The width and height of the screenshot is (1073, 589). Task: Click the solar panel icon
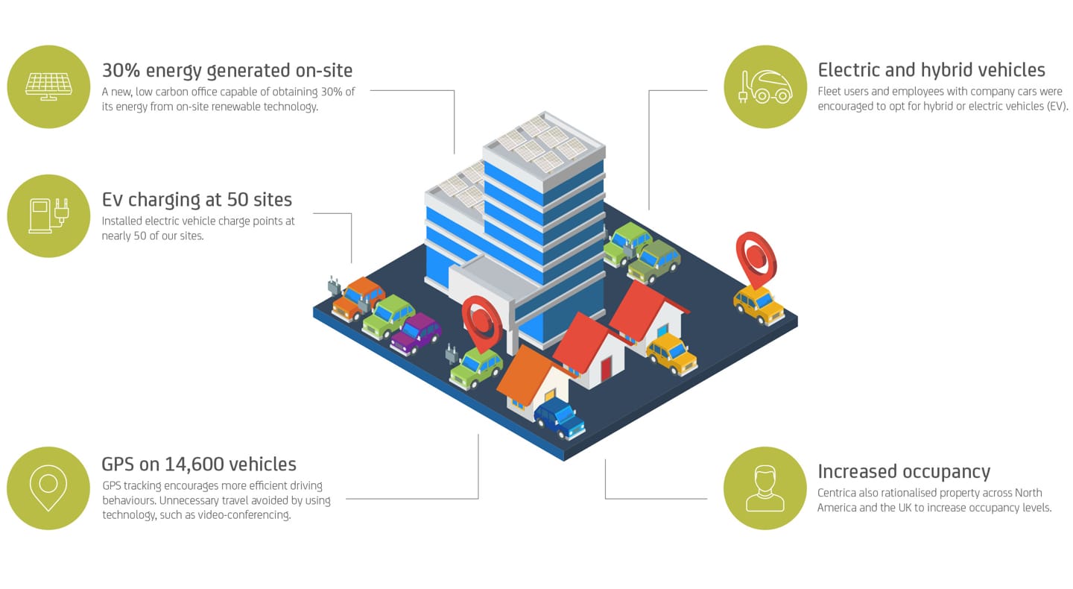(x=48, y=86)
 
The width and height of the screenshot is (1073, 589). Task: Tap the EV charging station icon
(x=49, y=215)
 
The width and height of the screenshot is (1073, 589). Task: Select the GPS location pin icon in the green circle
(x=48, y=488)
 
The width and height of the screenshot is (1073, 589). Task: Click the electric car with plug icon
(x=765, y=86)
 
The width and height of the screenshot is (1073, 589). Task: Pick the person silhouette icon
(x=765, y=488)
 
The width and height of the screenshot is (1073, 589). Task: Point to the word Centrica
(x=836, y=493)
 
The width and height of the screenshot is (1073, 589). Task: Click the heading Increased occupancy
(x=904, y=472)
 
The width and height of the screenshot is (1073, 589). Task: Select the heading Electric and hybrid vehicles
(x=931, y=70)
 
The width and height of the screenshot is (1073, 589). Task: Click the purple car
(x=416, y=334)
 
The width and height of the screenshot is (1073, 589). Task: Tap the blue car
(x=560, y=418)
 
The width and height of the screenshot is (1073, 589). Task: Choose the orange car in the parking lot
(x=358, y=298)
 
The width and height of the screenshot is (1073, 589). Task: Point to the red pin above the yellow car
(x=756, y=259)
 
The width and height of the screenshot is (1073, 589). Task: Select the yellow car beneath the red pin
(x=759, y=305)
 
